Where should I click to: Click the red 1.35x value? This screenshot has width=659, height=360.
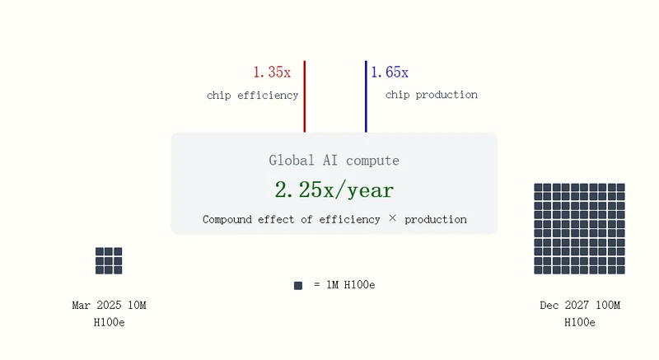pyautogui.click(x=272, y=72)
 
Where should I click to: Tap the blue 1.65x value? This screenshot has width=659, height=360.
pyautogui.click(x=390, y=72)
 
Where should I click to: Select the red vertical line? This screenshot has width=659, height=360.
pyautogui.click(x=305, y=96)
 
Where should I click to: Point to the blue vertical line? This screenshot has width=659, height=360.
pyautogui.click(x=366, y=96)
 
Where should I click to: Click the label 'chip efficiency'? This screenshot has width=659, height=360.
pyautogui.click(x=252, y=96)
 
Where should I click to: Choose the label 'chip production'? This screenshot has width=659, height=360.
pyautogui.click(x=432, y=95)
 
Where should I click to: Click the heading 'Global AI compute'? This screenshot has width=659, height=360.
pyautogui.click(x=334, y=161)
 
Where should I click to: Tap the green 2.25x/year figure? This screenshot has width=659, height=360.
pyautogui.click(x=334, y=189)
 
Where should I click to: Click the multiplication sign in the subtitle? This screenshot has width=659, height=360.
pyautogui.click(x=393, y=218)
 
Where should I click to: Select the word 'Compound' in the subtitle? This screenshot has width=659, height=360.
pyautogui.click(x=227, y=219)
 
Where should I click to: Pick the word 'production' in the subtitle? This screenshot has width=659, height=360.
pyautogui.click(x=436, y=219)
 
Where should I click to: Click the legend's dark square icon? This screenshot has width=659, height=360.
pyautogui.click(x=298, y=286)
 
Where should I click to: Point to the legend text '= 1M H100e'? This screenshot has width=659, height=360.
pyautogui.click(x=344, y=285)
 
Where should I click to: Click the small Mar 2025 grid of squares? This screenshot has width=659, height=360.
pyautogui.click(x=109, y=261)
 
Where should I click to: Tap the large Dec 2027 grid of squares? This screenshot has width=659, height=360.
pyautogui.click(x=580, y=229)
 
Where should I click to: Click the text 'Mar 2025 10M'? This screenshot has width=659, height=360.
pyautogui.click(x=109, y=306)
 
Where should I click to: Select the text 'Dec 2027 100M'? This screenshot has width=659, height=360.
pyautogui.click(x=580, y=306)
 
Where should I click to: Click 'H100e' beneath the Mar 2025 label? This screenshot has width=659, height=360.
pyautogui.click(x=109, y=323)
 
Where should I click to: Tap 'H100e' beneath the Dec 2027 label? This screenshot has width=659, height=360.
pyautogui.click(x=580, y=323)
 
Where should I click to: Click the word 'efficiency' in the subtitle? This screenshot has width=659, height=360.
pyautogui.click(x=349, y=219)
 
